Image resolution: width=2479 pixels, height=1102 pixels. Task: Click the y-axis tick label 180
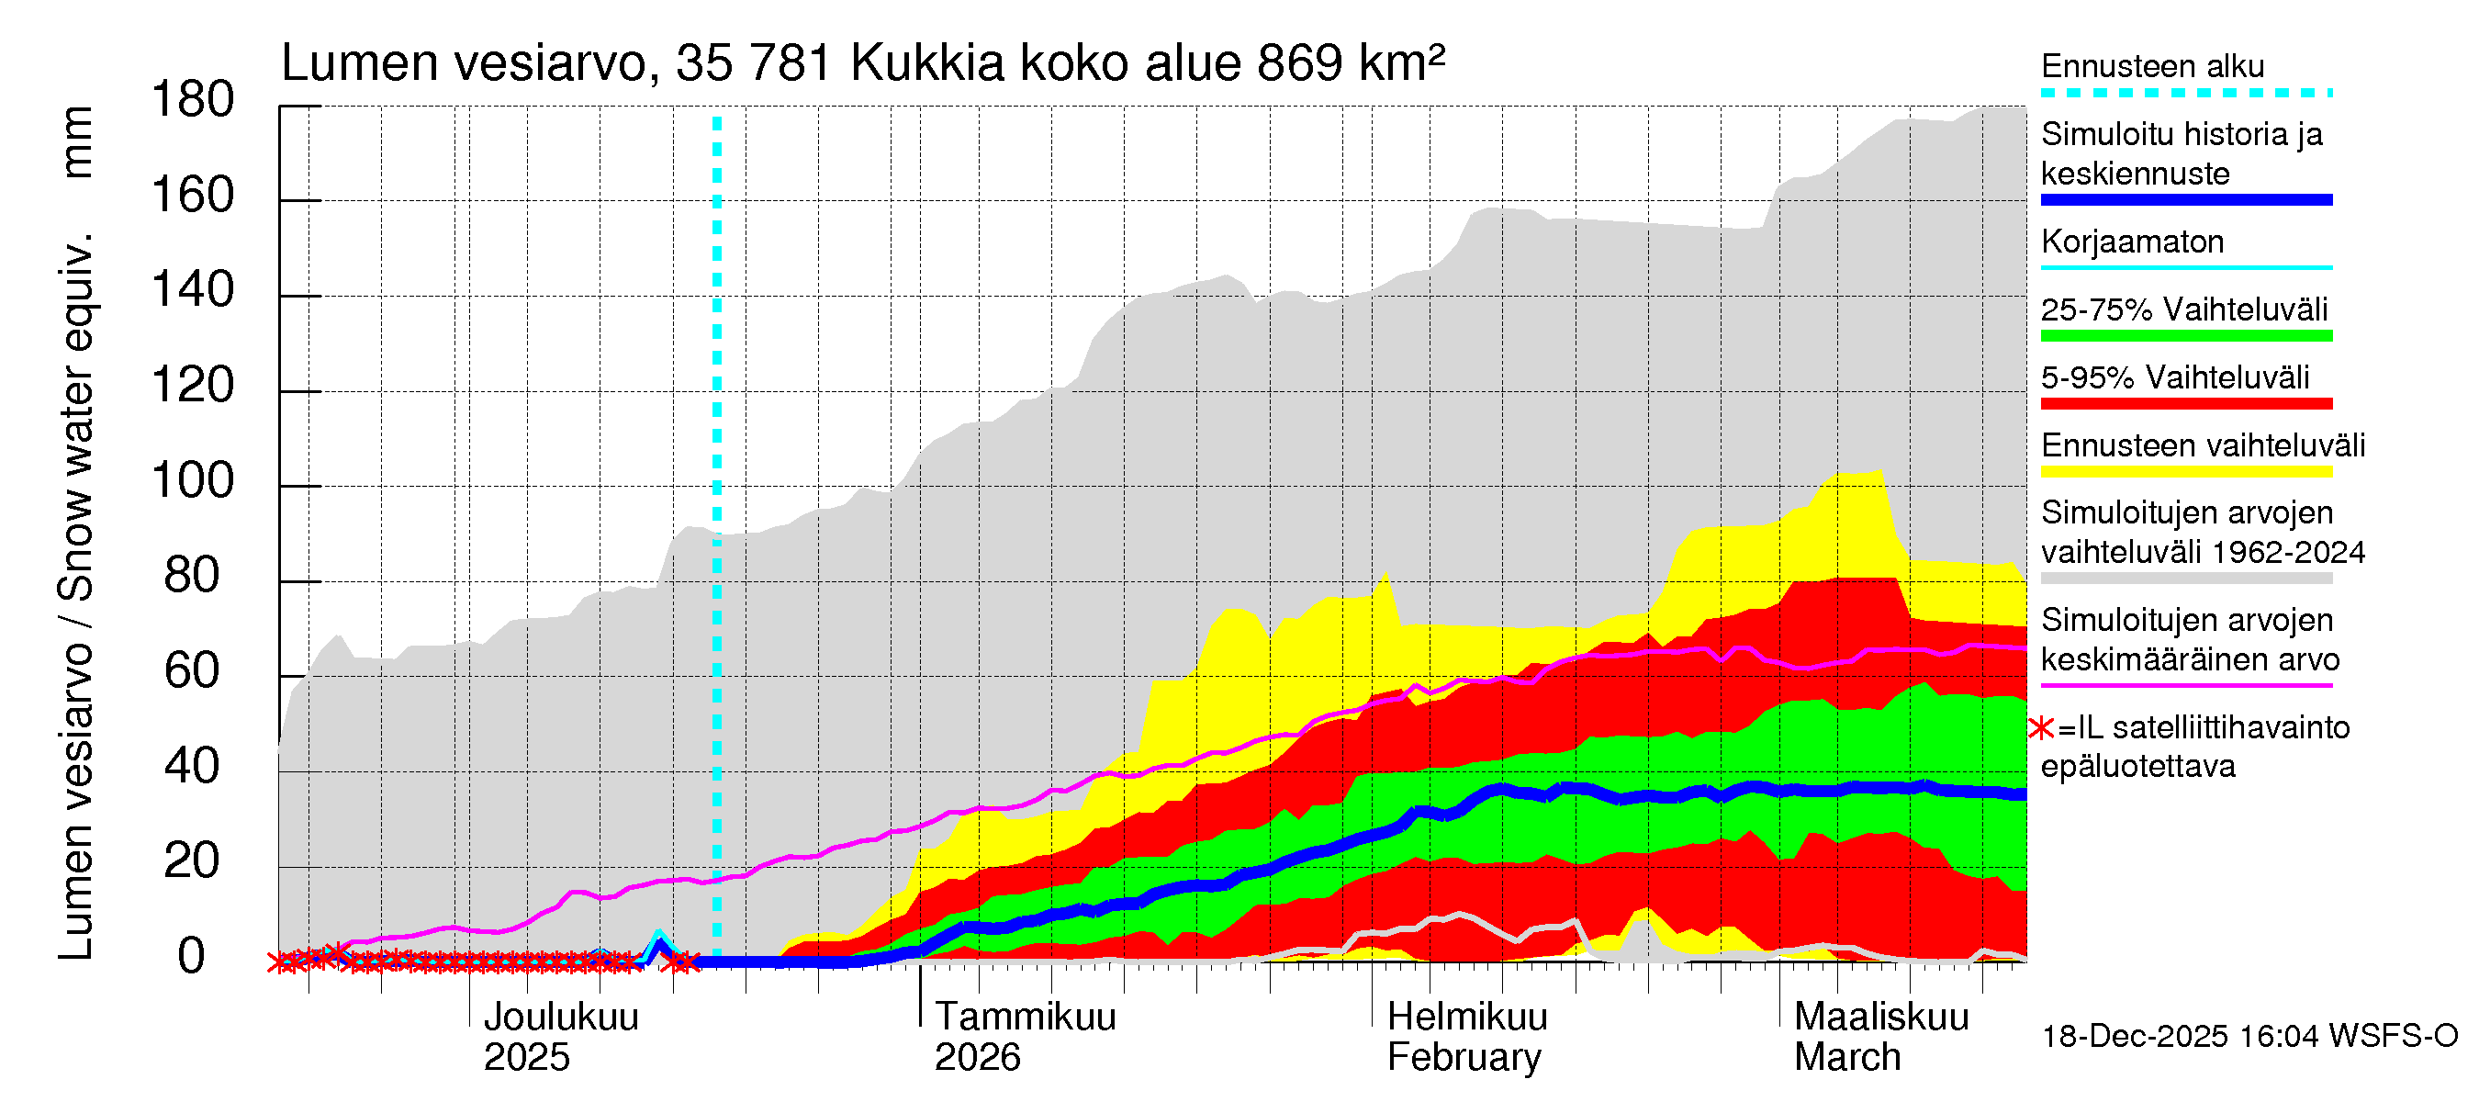(x=193, y=100)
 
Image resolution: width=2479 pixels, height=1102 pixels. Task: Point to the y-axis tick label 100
(x=193, y=480)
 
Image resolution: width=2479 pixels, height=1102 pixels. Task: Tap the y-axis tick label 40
(x=193, y=766)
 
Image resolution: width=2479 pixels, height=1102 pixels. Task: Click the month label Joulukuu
(x=560, y=1018)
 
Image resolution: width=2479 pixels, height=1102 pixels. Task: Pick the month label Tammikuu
(x=1025, y=1018)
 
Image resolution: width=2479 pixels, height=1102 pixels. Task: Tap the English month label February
(x=1464, y=1058)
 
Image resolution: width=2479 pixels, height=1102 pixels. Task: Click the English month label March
(x=1846, y=1058)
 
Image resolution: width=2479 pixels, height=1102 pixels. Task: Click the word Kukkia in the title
(x=926, y=63)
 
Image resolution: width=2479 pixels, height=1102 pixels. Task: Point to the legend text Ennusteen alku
(x=2152, y=66)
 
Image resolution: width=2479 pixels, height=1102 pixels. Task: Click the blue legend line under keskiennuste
(x=2185, y=200)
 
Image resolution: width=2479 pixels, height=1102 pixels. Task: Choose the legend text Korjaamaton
(x=2132, y=242)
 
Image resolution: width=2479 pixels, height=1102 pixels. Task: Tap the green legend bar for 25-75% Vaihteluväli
(x=2185, y=336)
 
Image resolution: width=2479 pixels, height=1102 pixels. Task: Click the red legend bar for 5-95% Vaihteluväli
(x=2185, y=403)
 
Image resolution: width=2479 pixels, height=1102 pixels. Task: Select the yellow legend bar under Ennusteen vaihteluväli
(x=2185, y=472)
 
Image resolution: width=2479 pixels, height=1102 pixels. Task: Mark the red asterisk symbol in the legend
(x=2040, y=728)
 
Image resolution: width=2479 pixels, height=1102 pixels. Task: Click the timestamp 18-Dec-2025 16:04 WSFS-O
(x=2249, y=1037)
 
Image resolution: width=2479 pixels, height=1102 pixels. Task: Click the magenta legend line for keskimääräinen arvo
(x=2185, y=685)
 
